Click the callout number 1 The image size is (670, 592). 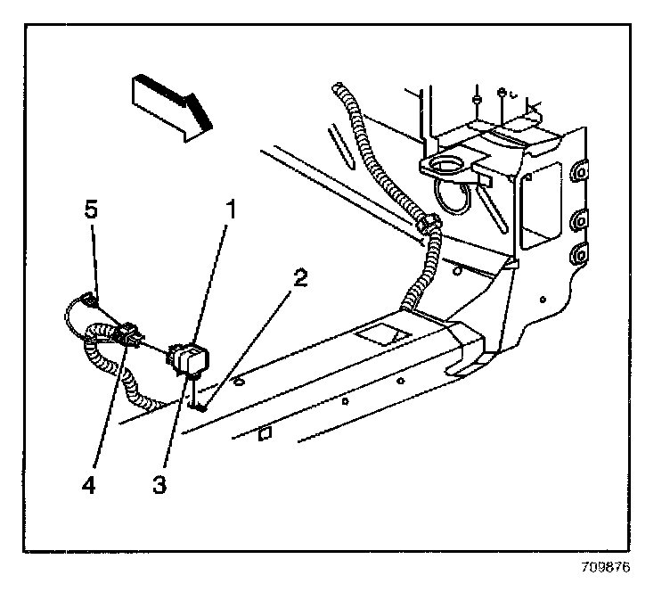(229, 212)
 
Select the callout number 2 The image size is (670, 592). (300, 278)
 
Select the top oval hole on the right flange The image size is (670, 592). (580, 169)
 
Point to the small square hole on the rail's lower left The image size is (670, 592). (264, 434)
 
